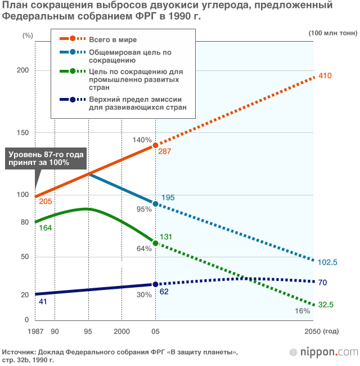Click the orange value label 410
point(326,76)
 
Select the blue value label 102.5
point(327,262)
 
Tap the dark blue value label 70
point(322,283)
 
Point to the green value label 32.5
point(326,305)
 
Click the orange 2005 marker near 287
point(156,145)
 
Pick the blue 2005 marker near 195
point(156,203)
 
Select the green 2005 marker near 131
point(156,243)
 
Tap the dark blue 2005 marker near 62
point(156,284)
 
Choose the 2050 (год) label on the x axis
point(322,332)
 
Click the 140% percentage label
point(142,140)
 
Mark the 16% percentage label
point(302,311)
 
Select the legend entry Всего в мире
point(112,39)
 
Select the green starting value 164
point(45,227)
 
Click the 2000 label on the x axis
point(122,332)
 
